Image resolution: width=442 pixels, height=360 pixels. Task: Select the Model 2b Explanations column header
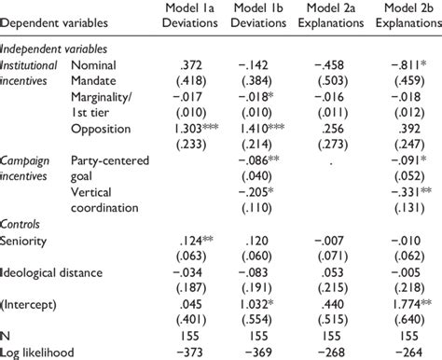[x=407, y=16]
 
